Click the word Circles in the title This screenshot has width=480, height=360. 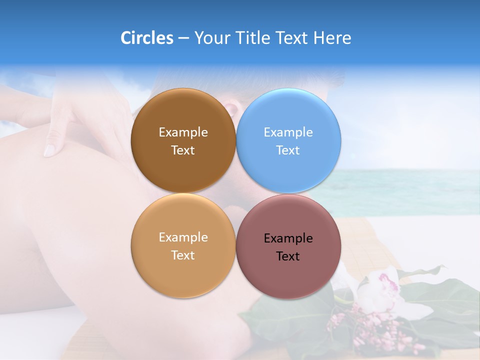146,38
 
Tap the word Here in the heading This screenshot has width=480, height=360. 332,38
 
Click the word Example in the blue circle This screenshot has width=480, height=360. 288,132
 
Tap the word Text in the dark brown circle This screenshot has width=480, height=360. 183,150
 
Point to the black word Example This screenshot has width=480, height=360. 288,238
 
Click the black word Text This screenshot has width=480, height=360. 288,256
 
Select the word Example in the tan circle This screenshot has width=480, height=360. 183,237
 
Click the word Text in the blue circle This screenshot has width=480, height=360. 288,150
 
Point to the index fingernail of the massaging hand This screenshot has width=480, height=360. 49,150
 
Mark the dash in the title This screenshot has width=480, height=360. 183,38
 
